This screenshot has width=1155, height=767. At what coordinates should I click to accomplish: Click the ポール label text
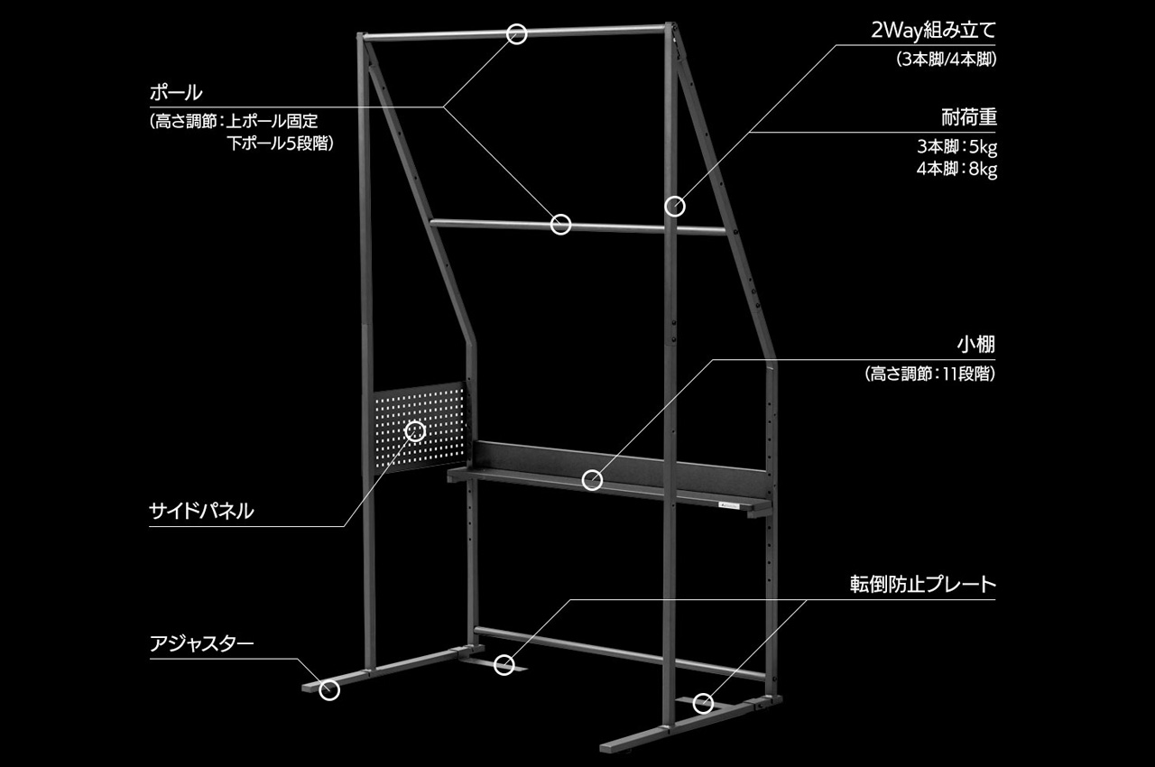(175, 93)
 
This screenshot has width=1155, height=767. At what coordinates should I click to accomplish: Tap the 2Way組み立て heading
(934, 32)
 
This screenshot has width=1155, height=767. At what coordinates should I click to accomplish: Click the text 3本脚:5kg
(956, 146)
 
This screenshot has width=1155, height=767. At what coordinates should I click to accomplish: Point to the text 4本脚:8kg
(956, 169)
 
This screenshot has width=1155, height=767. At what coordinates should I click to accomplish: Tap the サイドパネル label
(201, 512)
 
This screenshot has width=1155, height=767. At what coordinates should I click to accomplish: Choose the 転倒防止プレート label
(922, 584)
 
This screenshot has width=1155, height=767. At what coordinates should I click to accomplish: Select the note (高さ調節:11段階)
(929, 374)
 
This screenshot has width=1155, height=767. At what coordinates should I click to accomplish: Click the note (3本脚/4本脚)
(947, 60)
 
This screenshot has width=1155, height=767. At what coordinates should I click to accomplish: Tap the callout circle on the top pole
(516, 34)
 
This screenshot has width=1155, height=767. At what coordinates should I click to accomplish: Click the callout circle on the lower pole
(560, 224)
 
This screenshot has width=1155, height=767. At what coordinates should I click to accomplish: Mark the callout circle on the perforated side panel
(415, 430)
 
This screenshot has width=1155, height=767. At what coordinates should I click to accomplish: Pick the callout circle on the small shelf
(592, 479)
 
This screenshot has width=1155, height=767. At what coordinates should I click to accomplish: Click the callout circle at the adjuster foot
(330, 690)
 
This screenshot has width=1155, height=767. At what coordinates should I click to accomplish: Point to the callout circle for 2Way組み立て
(674, 207)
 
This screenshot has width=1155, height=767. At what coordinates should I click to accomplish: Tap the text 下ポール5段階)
(281, 142)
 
